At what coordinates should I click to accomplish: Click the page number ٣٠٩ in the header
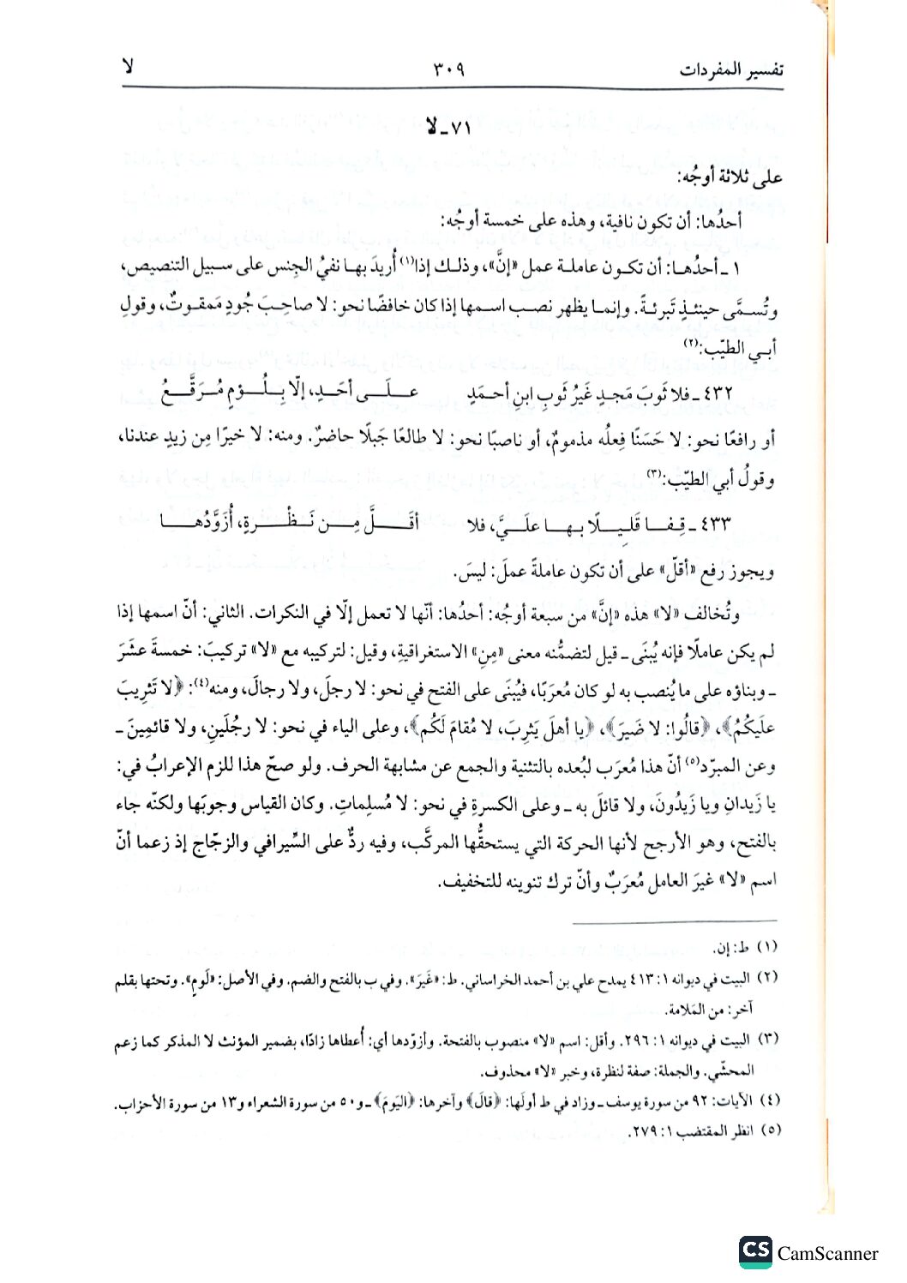[442, 69]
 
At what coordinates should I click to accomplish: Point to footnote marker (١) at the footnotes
[766, 947]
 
